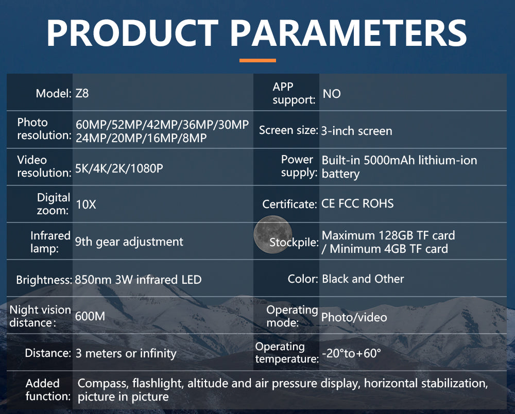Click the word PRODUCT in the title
pos(133,33)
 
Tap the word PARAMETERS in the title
pos(348,33)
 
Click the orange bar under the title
pos(257,60)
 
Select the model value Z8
pos(82,94)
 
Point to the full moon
pos(272,234)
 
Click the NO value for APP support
pos(332,94)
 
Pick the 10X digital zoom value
pos(86,204)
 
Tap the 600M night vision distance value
pos(90,316)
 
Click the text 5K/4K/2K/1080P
pos(119,168)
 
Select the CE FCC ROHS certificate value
pos(357,203)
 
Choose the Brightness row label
pos(44,280)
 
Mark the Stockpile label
pos(294,243)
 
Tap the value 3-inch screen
pos(357,131)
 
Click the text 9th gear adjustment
pos(129,242)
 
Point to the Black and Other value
pos(363,279)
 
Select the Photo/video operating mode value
pos(354,317)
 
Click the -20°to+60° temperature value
pos(351,353)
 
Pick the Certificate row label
pos(289,204)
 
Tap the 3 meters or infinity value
pos(126,353)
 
